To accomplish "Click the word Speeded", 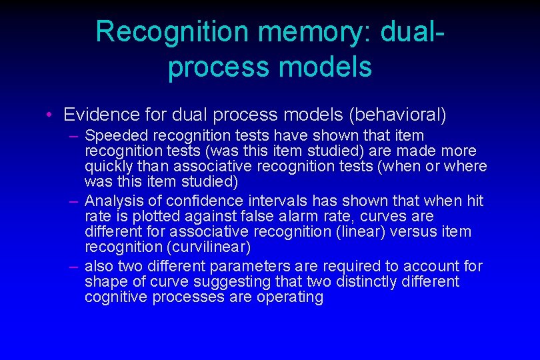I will [x=113, y=135].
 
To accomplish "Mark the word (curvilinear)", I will [x=211, y=247].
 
